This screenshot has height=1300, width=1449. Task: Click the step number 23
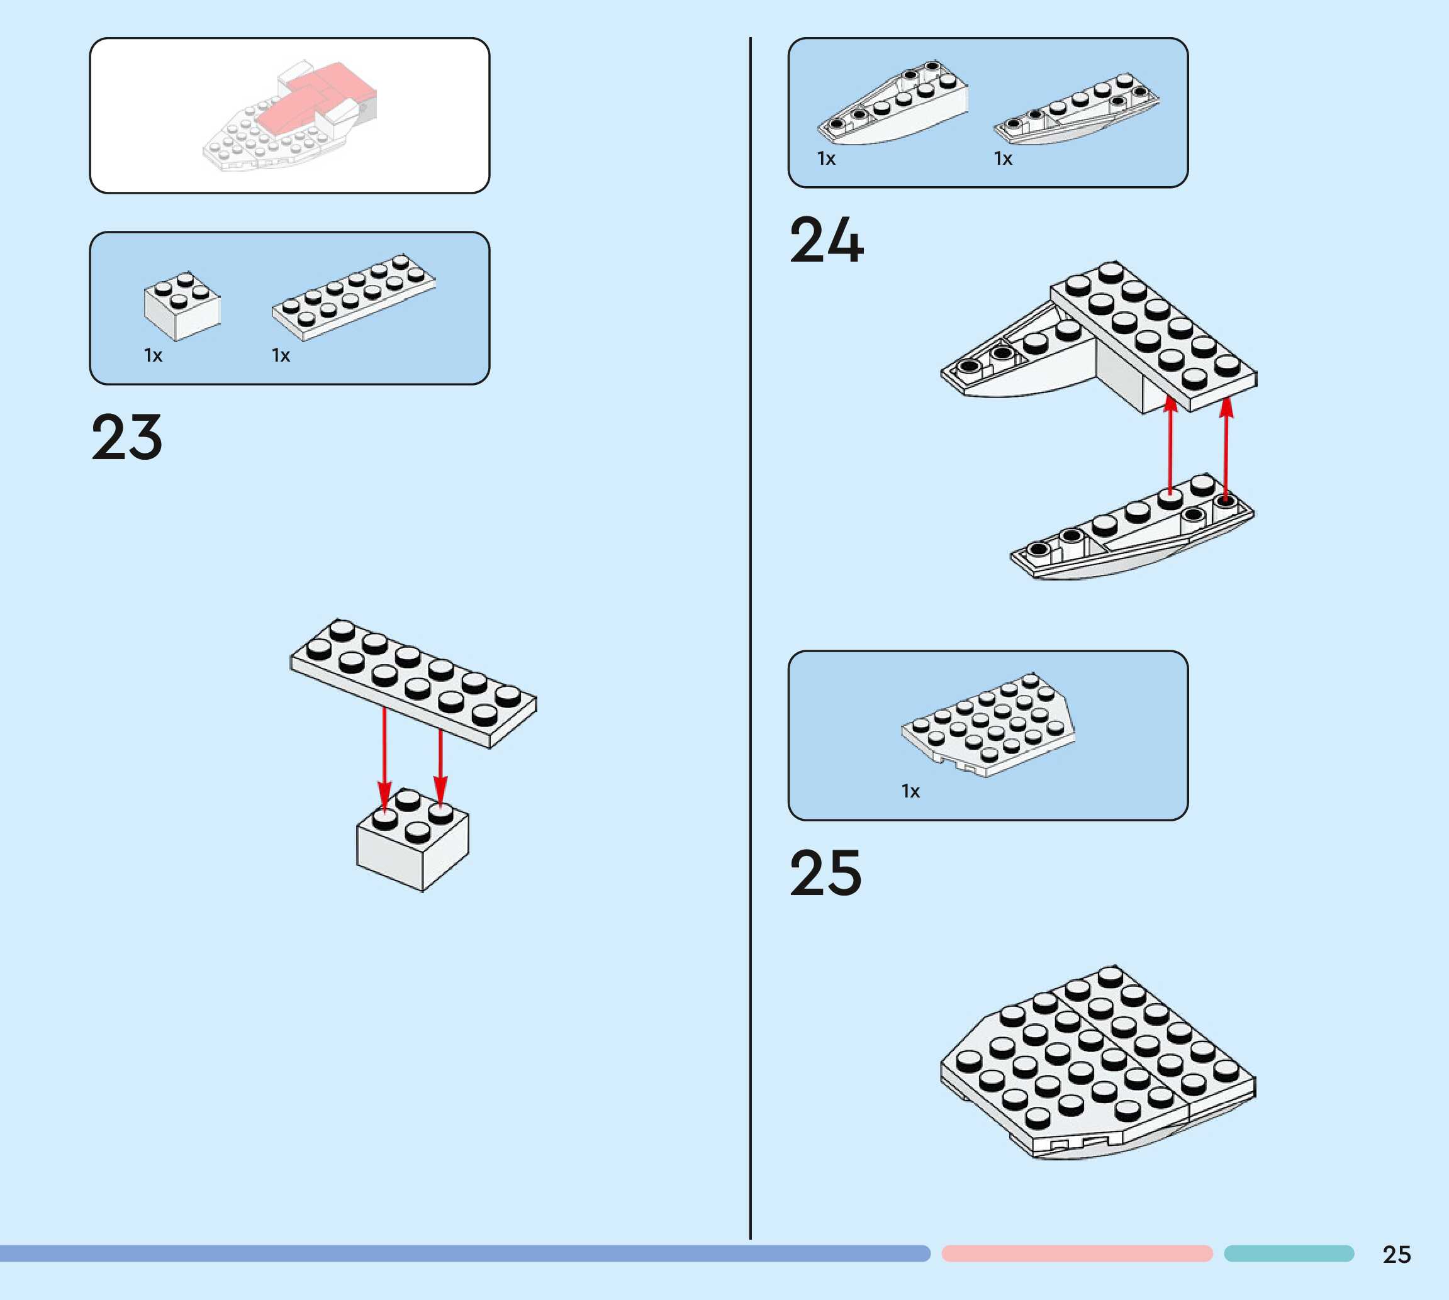click(127, 437)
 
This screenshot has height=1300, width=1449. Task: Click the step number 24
click(826, 241)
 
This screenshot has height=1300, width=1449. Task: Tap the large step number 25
click(825, 873)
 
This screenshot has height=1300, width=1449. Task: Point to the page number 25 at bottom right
click(1396, 1254)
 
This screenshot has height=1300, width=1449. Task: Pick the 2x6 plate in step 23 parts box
click(354, 296)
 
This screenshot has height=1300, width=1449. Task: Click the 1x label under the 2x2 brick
click(153, 356)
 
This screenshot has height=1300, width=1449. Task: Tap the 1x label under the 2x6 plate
click(281, 356)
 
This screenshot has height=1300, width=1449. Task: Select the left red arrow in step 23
click(384, 757)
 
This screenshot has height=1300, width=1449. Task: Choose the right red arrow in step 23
click(440, 764)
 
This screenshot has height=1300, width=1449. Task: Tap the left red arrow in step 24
click(1170, 443)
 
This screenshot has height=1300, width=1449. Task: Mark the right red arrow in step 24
click(1226, 447)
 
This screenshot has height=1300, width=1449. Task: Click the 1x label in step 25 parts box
click(910, 791)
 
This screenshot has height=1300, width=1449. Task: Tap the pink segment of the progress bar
click(1077, 1253)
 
